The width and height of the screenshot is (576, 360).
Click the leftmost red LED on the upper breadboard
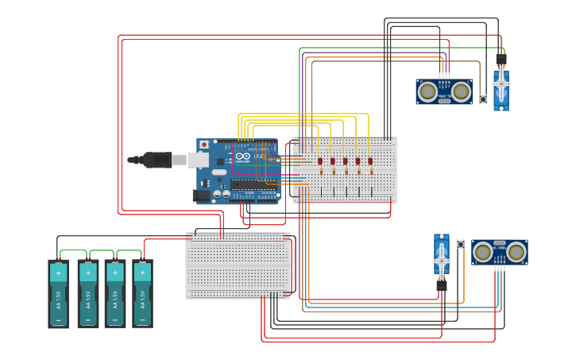(x=320, y=161)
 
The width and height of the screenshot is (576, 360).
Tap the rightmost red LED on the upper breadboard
(x=370, y=161)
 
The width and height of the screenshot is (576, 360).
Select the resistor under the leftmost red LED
(x=320, y=171)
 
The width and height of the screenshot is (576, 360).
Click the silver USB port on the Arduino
(x=199, y=160)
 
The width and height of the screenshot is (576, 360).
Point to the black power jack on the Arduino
(x=201, y=195)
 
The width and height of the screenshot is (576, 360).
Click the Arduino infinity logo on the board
(x=243, y=157)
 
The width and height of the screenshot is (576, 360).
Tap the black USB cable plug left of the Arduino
(x=155, y=160)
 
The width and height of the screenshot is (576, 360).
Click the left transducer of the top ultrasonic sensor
(x=428, y=92)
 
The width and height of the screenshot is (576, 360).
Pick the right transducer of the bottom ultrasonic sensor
(x=516, y=253)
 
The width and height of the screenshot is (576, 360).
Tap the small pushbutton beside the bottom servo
(x=461, y=244)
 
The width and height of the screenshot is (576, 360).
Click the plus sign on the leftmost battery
(x=58, y=273)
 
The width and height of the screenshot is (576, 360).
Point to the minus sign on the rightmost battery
(x=142, y=321)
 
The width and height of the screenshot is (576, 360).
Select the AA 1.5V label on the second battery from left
(x=87, y=300)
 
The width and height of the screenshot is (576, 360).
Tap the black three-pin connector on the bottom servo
(x=441, y=285)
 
